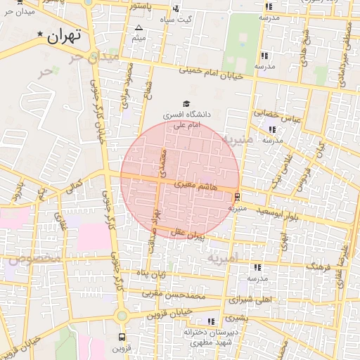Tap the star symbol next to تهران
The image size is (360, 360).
(x=40, y=34)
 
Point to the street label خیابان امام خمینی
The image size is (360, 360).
(x=210, y=73)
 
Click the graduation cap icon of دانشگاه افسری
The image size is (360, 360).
(x=186, y=103)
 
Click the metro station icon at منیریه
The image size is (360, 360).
(x=238, y=197)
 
